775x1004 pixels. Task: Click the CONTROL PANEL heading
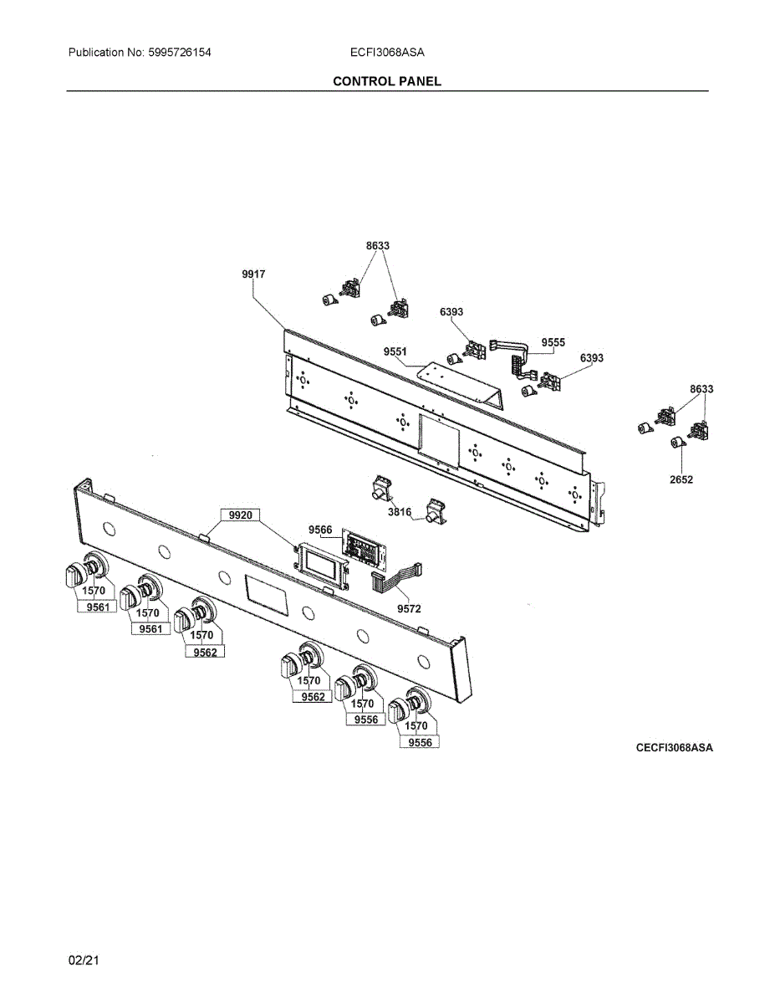(x=386, y=81)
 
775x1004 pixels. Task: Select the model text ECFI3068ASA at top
(x=387, y=52)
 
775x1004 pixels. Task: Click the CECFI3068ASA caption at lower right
(x=674, y=747)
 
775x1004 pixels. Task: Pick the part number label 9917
(x=253, y=274)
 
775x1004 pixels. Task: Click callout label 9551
(x=395, y=352)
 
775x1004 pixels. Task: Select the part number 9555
(x=553, y=342)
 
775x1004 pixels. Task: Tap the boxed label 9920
(x=239, y=515)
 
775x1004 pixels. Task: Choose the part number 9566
(x=320, y=530)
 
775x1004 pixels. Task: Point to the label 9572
(x=409, y=609)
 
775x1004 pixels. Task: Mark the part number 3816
(x=398, y=512)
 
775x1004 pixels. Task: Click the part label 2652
(x=681, y=479)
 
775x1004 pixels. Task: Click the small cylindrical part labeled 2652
(x=677, y=444)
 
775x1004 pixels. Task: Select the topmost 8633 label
(x=377, y=246)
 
